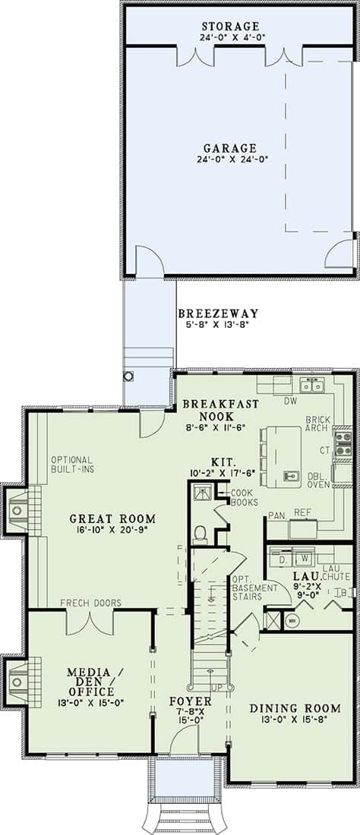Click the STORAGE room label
click(230, 26)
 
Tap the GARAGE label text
click(230, 148)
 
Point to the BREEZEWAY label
click(218, 313)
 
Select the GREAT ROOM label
click(113, 518)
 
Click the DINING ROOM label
click(295, 708)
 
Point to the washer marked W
click(305, 559)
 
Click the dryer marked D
click(283, 559)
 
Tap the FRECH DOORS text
click(90, 603)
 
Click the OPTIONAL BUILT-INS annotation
click(72, 465)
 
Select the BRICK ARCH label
click(318, 424)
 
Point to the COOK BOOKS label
click(245, 497)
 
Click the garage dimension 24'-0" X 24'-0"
click(230, 159)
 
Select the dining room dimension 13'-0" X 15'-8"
click(295, 719)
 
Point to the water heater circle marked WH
click(292, 620)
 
